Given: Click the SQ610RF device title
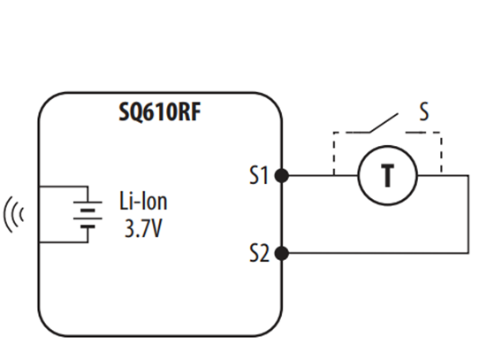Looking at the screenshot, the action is click(160, 112).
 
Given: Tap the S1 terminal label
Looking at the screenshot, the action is click(259, 175).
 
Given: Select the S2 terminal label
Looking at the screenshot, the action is click(259, 253).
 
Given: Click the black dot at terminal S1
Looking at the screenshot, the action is click(281, 175).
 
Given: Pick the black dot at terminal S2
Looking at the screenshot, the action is click(281, 253).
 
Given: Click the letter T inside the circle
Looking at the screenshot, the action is click(388, 175).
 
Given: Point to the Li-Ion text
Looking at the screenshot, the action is click(143, 201).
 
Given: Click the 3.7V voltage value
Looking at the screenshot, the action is click(143, 228).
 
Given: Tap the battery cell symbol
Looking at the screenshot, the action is click(87, 214).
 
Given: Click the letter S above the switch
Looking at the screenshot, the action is click(424, 111).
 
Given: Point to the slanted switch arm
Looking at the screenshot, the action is click(384, 123).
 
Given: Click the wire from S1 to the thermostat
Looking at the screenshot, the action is click(323, 175).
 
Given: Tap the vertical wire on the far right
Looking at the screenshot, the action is click(468, 214).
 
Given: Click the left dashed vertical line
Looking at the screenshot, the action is click(334, 154).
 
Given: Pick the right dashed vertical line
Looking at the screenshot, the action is click(441, 153).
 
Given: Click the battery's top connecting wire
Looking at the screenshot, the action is click(65, 186).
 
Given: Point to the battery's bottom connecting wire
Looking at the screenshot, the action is click(65, 242).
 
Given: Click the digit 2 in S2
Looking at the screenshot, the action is click(264, 253).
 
